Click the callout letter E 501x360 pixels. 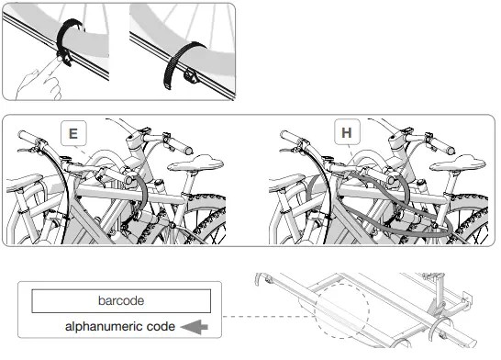(x=72, y=135)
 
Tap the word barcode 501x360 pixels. (x=122, y=300)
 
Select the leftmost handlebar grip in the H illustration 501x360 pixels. (x=292, y=141)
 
